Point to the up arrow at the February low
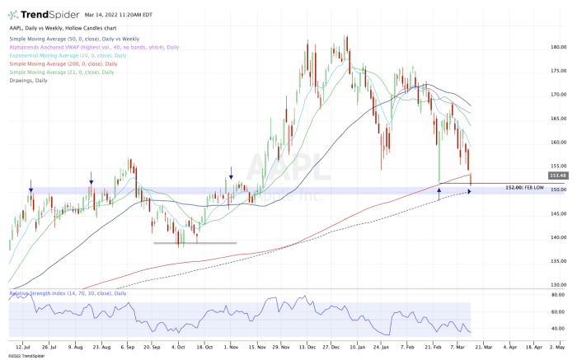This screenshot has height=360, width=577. (439, 191)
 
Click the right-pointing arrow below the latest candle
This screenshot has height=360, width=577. (470, 191)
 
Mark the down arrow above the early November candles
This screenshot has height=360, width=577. (231, 171)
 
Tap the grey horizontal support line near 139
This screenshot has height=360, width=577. (195, 243)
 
